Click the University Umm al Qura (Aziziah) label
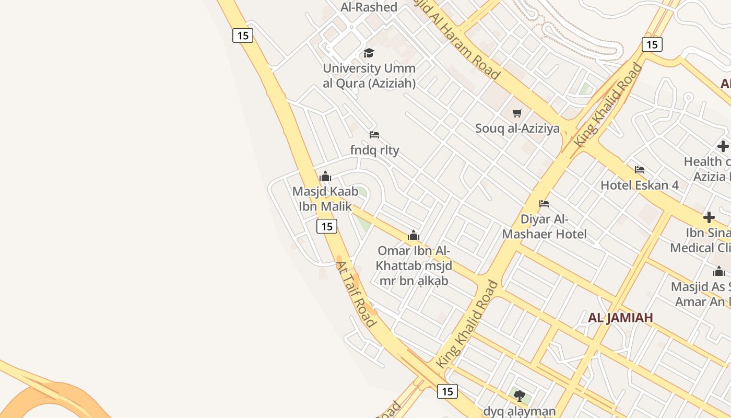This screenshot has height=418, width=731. coord(369,76)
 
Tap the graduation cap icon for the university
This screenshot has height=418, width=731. coord(369,53)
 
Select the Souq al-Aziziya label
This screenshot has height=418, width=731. coord(517,129)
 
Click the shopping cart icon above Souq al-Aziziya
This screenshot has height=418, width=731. coord(517,113)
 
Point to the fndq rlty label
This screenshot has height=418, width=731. coord(374,150)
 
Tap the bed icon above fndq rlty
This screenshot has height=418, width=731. coord(374,135)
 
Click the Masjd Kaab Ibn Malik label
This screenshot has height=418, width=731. coord(325,199)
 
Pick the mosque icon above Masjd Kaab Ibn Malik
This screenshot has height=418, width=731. coord(325,176)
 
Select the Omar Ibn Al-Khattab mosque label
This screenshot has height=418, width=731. coord(414,265)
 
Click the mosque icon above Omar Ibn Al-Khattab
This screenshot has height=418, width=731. coord(414,236)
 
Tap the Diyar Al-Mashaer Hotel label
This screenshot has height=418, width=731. coord(544,226)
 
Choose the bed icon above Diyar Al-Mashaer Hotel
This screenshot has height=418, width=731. coord(544,204)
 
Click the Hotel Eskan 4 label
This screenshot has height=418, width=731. coord(639,185)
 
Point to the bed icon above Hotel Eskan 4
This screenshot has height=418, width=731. coord(639,170)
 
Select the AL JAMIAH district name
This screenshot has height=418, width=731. coord(620,318)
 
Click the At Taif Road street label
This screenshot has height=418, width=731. coord(356,294)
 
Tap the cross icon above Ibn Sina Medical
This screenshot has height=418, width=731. coord(709,217)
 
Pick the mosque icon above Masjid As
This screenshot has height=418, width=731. coord(719,271)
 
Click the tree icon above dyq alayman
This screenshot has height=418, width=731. coord(518,396)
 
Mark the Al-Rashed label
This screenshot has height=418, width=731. coord(369,7)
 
